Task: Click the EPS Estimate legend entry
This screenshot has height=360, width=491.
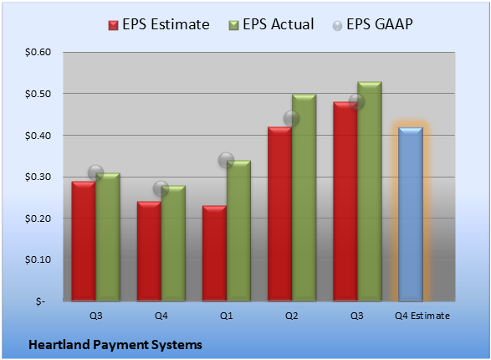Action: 159,24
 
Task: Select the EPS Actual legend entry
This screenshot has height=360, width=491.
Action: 271,24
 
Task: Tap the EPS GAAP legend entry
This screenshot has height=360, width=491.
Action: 372,24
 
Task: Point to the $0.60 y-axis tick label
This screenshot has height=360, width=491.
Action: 38,52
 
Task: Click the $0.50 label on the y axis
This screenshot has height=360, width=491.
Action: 38,94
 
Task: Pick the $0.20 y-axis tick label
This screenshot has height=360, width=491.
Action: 38,219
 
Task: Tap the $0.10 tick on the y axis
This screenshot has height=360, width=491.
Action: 38,260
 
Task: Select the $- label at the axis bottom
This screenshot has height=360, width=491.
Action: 40,301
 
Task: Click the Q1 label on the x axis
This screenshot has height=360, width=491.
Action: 226,316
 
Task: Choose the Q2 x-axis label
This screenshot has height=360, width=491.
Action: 292,316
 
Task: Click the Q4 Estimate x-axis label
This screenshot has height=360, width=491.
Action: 422,316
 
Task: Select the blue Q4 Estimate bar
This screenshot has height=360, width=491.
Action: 411,214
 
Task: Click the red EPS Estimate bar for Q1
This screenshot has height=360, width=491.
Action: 214,254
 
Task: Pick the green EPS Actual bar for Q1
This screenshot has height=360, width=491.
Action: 238,231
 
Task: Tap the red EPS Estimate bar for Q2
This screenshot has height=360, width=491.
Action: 279,214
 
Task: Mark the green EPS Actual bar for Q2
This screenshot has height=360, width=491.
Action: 304,198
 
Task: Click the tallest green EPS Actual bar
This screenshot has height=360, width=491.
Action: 370,192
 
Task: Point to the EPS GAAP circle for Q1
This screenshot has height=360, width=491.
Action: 226,160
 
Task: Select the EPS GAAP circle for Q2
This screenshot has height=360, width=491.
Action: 292,118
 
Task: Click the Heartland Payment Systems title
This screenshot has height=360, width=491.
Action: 115,345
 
